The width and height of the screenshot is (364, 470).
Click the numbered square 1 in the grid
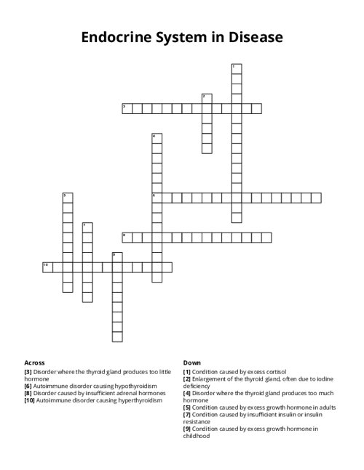tap(236, 69)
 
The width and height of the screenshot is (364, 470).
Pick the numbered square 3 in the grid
tap(127, 109)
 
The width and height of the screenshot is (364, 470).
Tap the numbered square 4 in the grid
tap(157, 138)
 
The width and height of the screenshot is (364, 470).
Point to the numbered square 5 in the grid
tap(67, 198)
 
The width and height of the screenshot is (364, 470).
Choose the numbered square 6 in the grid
tap(157, 198)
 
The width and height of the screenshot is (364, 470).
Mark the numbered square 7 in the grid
tap(87, 227)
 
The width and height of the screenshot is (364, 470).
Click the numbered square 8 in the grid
tap(127, 238)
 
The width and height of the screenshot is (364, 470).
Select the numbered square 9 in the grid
tap(116, 257)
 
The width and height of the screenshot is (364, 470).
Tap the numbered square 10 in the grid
tap(47, 267)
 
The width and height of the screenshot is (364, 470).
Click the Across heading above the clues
tap(35, 362)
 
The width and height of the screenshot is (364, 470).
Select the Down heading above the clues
tap(192, 362)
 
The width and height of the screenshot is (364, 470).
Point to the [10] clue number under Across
tap(30, 400)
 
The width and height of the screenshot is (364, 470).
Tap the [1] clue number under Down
tap(187, 370)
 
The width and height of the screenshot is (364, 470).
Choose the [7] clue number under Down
tap(187, 414)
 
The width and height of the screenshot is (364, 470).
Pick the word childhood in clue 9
tap(197, 436)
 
